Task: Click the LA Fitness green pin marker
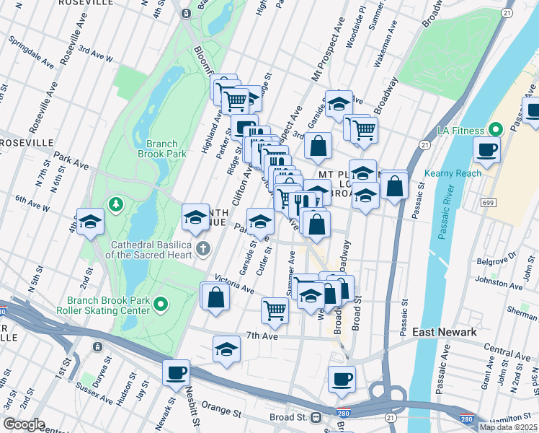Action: coord(495,130)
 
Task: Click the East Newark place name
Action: coord(444,331)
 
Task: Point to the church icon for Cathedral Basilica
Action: coord(204,250)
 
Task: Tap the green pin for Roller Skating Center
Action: coord(161,306)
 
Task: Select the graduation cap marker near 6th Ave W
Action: coord(91,222)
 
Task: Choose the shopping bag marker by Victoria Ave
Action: coord(215,297)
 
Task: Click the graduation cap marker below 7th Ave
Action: coord(226,349)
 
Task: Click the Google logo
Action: coord(24,424)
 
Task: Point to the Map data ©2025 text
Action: coord(508,427)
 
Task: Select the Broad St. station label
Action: coord(288,418)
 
